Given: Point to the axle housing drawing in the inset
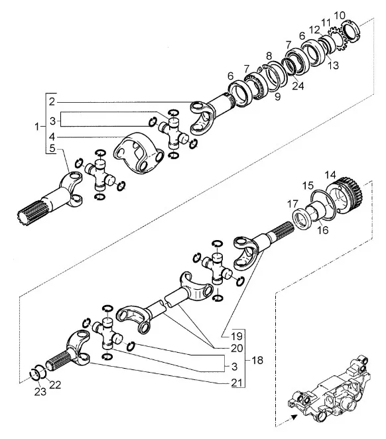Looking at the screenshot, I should point(328,391).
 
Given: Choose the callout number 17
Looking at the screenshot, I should point(293,204).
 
